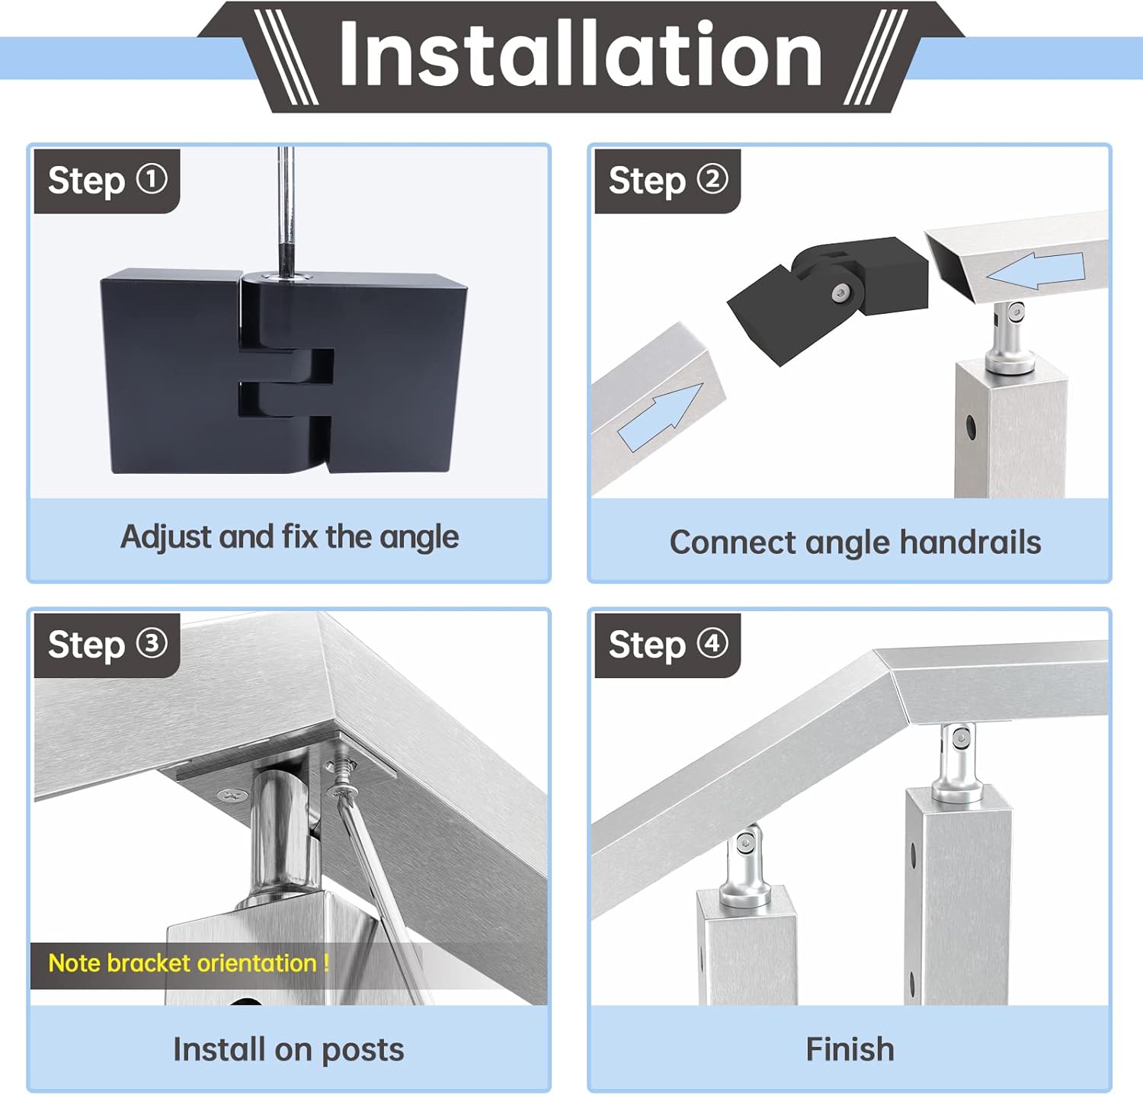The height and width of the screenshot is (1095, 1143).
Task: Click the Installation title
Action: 581,54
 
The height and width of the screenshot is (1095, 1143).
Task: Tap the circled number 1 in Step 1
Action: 152,179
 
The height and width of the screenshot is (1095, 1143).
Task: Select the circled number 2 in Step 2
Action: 712,179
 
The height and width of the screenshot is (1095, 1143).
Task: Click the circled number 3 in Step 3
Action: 152,643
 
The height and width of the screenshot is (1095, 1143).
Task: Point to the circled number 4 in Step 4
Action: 712,643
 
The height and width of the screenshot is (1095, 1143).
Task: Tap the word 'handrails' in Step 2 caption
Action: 970,543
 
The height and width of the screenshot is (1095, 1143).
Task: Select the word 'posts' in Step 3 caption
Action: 363,1050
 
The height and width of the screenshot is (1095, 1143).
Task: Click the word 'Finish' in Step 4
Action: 850,1049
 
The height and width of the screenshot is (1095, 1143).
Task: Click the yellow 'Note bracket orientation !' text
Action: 188,963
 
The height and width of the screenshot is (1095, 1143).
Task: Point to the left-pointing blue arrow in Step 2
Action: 1035,271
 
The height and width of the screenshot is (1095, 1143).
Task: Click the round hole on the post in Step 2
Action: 972,427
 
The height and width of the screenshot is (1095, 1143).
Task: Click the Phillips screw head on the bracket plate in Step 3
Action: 228,795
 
